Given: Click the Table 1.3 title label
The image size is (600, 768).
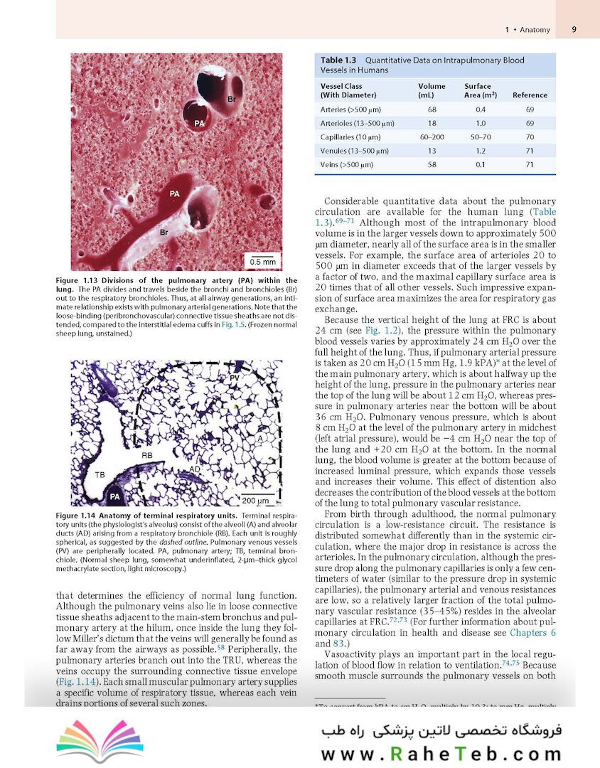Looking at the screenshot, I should [x=338, y=60].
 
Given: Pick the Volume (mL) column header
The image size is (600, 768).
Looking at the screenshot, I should [x=432, y=90].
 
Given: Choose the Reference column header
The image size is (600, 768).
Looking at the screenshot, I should [x=530, y=95].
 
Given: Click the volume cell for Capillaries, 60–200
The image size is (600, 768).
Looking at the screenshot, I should [x=432, y=137].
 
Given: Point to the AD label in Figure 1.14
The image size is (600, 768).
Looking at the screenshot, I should [x=194, y=469].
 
